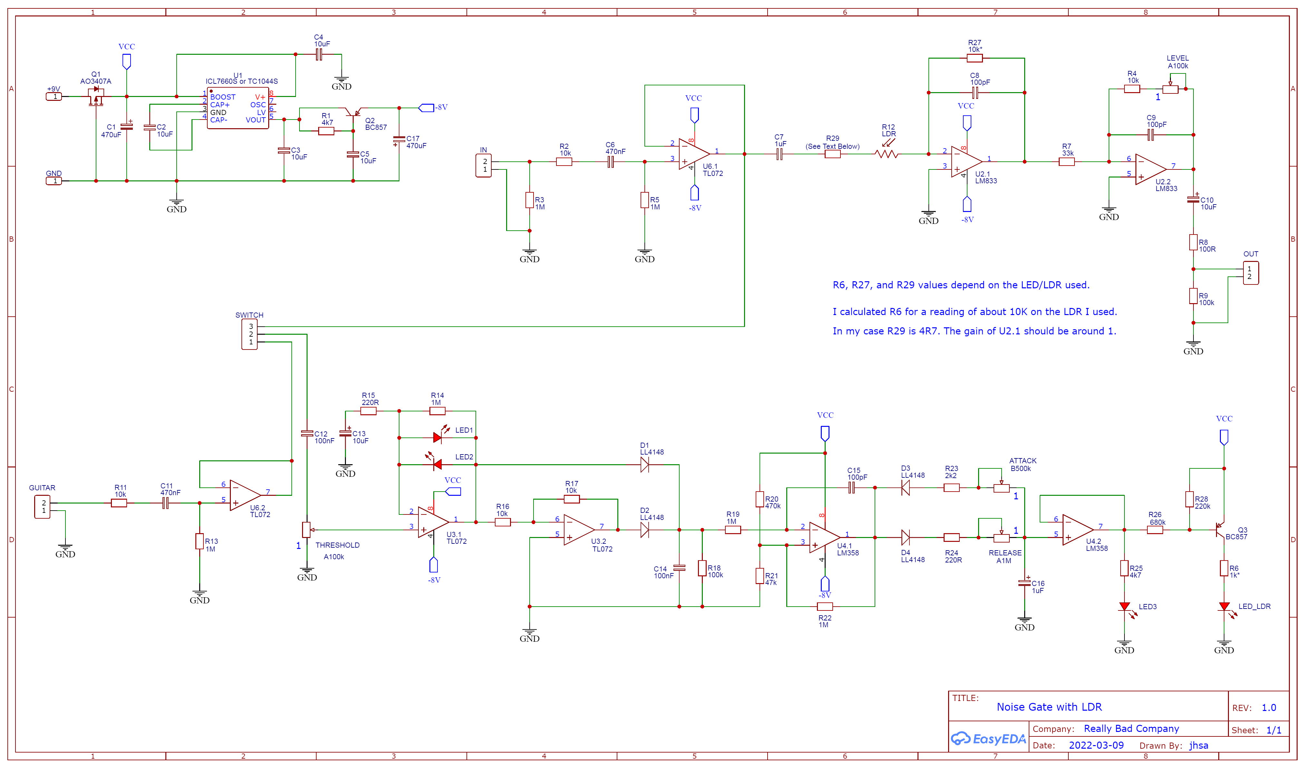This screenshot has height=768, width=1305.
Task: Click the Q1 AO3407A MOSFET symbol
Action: (96, 96)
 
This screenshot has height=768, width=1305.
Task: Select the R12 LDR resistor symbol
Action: (887, 154)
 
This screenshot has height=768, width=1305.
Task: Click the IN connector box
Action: (483, 166)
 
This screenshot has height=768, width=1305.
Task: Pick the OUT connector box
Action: (1251, 273)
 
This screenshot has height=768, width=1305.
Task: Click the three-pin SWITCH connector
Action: (250, 334)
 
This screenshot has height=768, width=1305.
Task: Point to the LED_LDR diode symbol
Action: (1224, 607)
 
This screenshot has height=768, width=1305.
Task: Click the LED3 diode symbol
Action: (1124, 607)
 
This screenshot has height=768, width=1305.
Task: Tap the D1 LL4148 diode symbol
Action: (645, 465)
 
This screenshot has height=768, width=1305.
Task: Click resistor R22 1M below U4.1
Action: (825, 607)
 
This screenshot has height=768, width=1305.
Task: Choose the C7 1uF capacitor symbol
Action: (780, 154)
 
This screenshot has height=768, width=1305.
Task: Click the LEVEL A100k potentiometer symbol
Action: (1170, 89)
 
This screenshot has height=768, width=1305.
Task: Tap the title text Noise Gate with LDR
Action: (1049, 707)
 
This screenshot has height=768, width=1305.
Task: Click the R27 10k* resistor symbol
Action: (974, 58)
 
